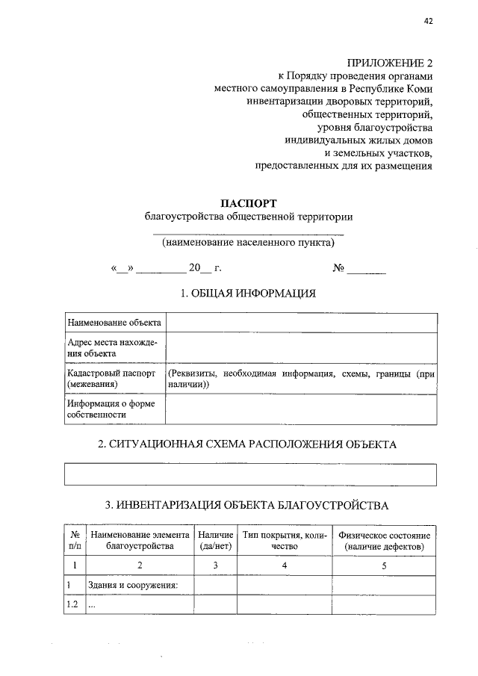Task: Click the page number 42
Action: coord(428,21)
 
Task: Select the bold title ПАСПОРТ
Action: coord(248,203)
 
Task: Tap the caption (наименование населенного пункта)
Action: coord(248,243)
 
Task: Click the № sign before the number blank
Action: coord(338,268)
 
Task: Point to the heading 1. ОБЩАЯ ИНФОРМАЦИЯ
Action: coord(248,293)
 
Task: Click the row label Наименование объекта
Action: coord(114,323)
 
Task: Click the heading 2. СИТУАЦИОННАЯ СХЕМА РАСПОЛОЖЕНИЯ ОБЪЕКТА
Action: coord(248,444)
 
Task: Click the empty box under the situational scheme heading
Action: coord(250,474)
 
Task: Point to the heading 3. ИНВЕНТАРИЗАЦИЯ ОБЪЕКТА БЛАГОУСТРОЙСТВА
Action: coord(248,506)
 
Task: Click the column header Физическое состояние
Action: coord(384,536)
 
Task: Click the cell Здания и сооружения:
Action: coord(132,585)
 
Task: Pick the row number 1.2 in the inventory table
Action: coord(72,605)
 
